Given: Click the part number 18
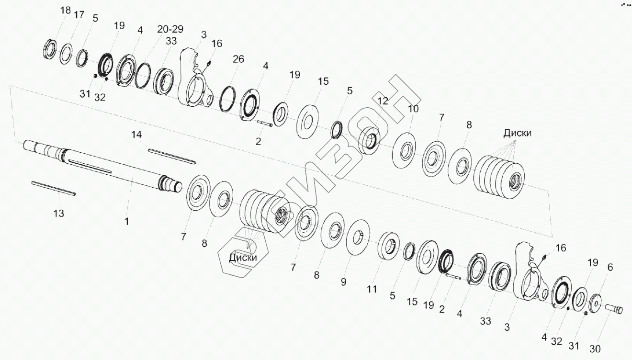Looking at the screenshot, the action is click(65, 11).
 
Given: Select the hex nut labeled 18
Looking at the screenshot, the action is click(51, 50).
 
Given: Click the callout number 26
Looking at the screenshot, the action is click(238, 59).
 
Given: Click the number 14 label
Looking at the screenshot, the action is click(137, 135).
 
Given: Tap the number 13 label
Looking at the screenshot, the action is click(58, 214).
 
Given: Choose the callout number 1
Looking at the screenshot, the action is click(126, 222).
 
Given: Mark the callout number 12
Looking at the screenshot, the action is click(382, 101).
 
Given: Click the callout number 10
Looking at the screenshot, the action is click(413, 109).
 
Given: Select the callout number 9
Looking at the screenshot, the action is click(343, 282).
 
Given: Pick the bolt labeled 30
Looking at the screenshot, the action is click(614, 309).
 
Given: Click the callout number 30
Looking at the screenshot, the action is click(595, 349).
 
